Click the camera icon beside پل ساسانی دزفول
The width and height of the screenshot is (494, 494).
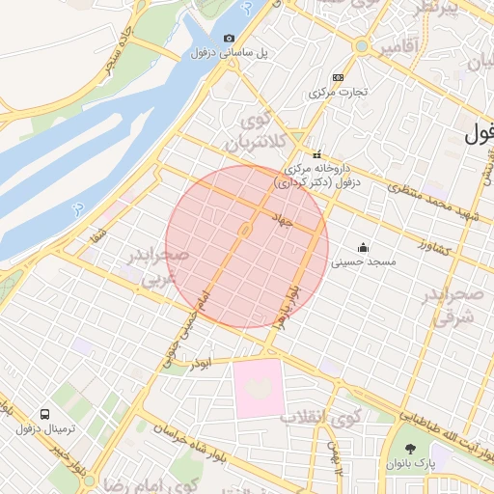tap(229, 39)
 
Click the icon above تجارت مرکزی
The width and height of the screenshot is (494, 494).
tap(337, 77)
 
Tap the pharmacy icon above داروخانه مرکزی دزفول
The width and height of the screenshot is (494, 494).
tap(316, 154)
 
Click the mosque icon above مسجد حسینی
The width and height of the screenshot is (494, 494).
tap(363, 247)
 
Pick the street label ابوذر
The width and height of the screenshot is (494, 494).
tap(217, 363)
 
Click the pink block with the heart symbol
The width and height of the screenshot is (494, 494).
tap(258, 388)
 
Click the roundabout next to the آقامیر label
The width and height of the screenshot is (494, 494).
tap(361, 45)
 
